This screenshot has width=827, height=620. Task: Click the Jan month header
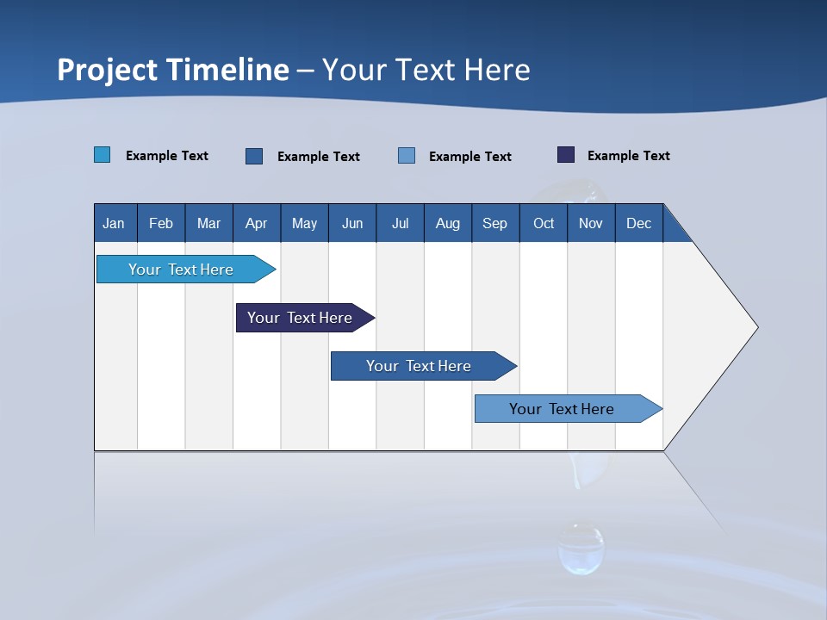[x=115, y=223]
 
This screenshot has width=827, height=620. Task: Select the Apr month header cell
[x=257, y=223]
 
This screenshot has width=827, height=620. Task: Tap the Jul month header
[x=400, y=223]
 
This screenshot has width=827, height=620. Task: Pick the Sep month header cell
[x=495, y=223]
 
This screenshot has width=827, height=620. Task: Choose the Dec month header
[x=638, y=223]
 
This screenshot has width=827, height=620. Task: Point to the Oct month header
[x=544, y=223]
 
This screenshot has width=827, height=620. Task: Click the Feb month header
[x=161, y=223]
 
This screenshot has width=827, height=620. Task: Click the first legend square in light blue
[x=103, y=155]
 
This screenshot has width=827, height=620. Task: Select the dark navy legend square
[x=566, y=155]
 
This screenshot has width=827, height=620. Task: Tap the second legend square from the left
[x=254, y=156]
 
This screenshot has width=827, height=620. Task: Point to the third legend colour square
[x=407, y=156]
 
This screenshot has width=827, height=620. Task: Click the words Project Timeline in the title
[x=173, y=70]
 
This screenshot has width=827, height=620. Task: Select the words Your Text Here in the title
[x=426, y=70]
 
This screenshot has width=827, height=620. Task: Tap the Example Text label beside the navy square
[x=628, y=156]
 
